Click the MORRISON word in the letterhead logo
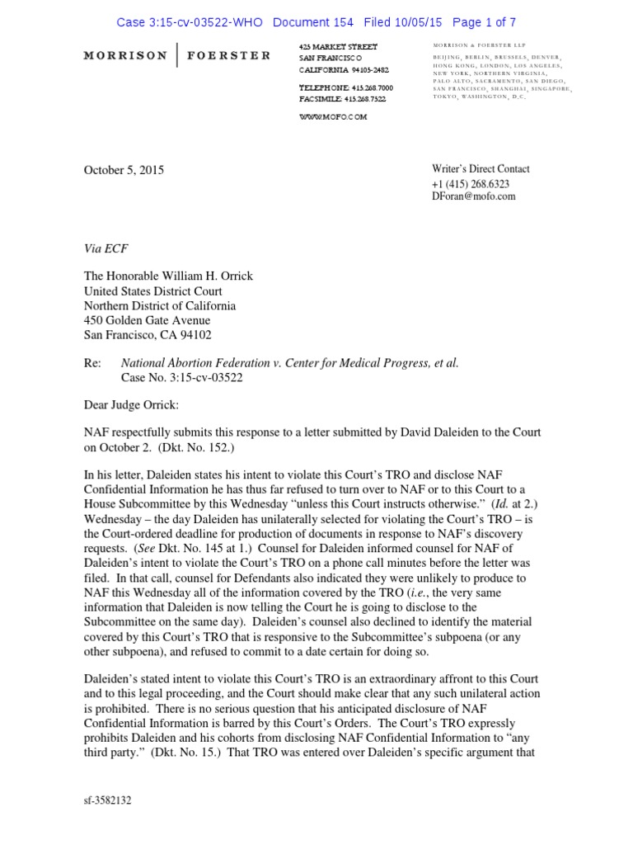coord(125,56)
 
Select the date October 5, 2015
coord(124,170)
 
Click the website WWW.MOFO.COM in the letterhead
coord(333,117)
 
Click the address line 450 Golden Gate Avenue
coord(148,320)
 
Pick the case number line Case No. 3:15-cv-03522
coord(182,377)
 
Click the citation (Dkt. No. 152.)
coord(171,446)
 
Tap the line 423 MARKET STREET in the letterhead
coord(338,46)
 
